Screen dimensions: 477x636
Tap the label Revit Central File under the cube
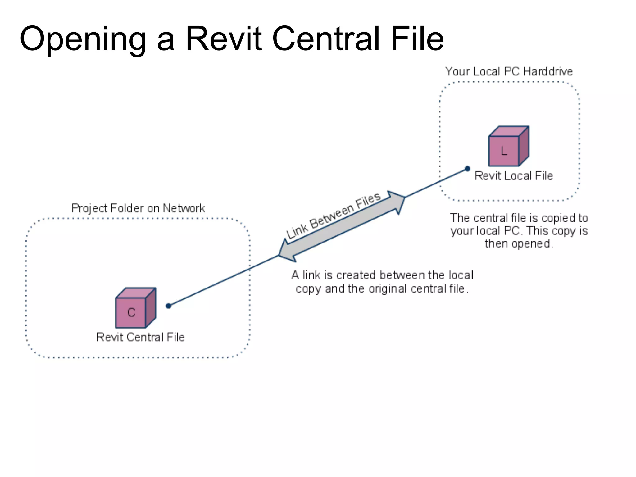tap(140, 337)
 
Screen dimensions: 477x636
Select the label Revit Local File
tap(514, 176)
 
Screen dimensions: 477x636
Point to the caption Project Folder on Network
tap(138, 208)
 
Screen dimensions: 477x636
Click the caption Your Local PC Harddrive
tap(509, 71)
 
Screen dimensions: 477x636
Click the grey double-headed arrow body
tap(342, 226)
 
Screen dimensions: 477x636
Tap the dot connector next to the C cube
tap(169, 306)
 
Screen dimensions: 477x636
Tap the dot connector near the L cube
tap(467, 169)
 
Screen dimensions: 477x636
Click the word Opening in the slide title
tap(83, 40)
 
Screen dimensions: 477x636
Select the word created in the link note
tap(356, 275)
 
